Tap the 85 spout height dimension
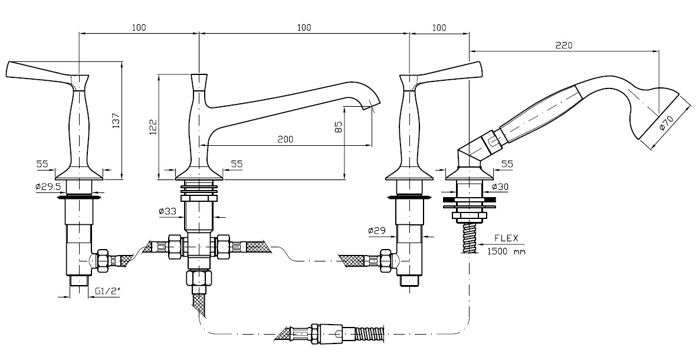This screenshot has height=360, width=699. click(339, 126)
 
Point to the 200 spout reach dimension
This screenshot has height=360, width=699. click(285, 139)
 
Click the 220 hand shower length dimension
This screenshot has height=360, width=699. click(563, 45)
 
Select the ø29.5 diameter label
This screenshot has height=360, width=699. click(47, 188)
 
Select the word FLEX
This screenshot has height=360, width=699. click(506, 238)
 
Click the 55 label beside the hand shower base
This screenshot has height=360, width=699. click(507, 164)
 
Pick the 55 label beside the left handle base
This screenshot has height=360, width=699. click(41, 164)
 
